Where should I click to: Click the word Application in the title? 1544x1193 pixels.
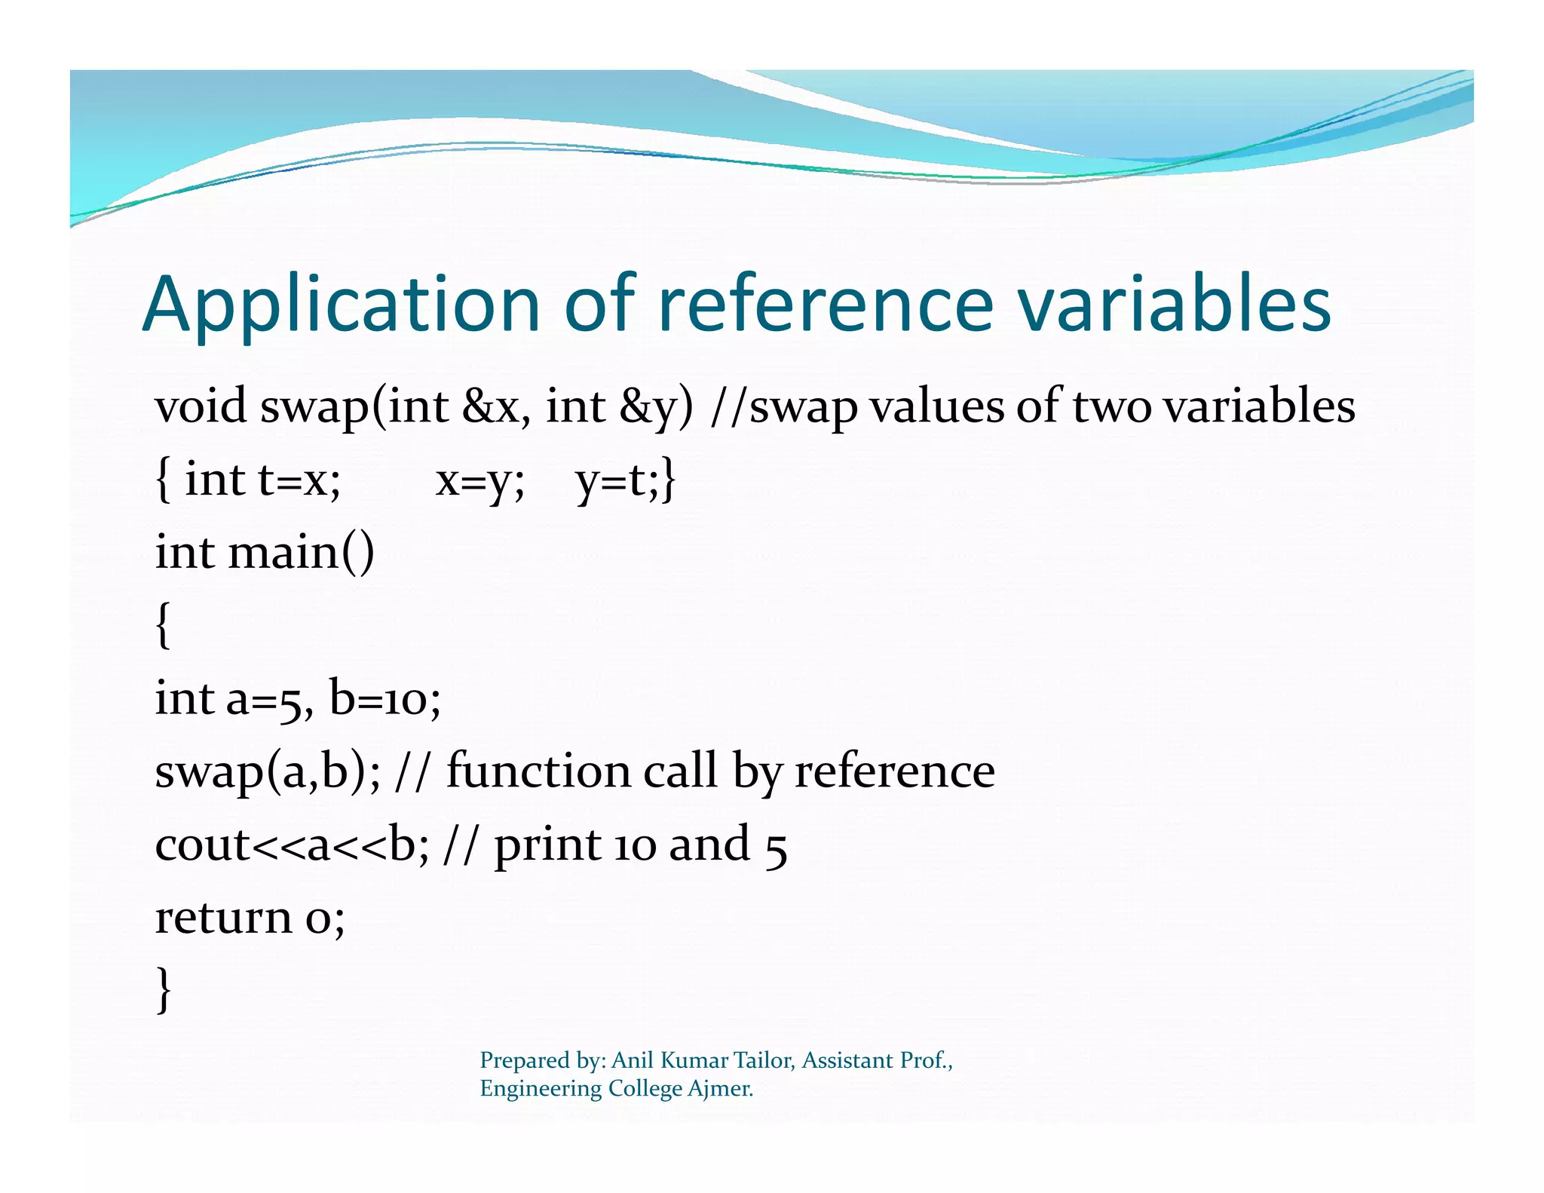point(341,305)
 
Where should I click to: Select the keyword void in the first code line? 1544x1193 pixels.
point(201,406)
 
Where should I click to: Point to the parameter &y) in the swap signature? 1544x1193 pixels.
point(654,408)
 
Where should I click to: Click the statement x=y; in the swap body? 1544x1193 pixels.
point(479,480)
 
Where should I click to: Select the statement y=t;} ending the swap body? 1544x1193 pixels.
point(625,480)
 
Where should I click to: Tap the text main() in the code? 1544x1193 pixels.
point(300,553)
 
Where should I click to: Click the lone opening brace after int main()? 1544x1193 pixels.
point(163,625)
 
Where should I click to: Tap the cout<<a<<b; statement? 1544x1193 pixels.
point(292,845)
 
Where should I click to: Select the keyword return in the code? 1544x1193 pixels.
point(222,918)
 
